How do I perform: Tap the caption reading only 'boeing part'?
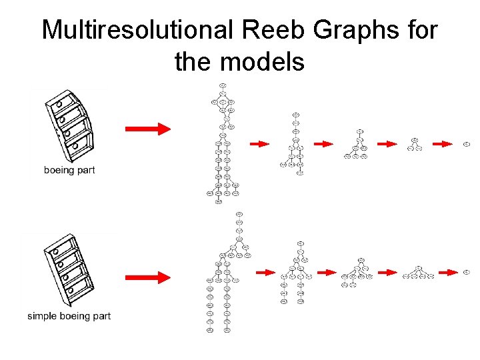click(69, 170)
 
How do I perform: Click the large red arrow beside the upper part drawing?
click(148, 129)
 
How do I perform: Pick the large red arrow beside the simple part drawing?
click(148, 277)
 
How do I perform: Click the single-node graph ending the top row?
click(467, 143)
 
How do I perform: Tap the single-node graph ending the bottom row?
click(469, 272)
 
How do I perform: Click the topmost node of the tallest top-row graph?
click(223, 85)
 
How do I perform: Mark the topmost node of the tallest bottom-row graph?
click(239, 214)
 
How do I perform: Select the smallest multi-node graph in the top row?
click(414, 144)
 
